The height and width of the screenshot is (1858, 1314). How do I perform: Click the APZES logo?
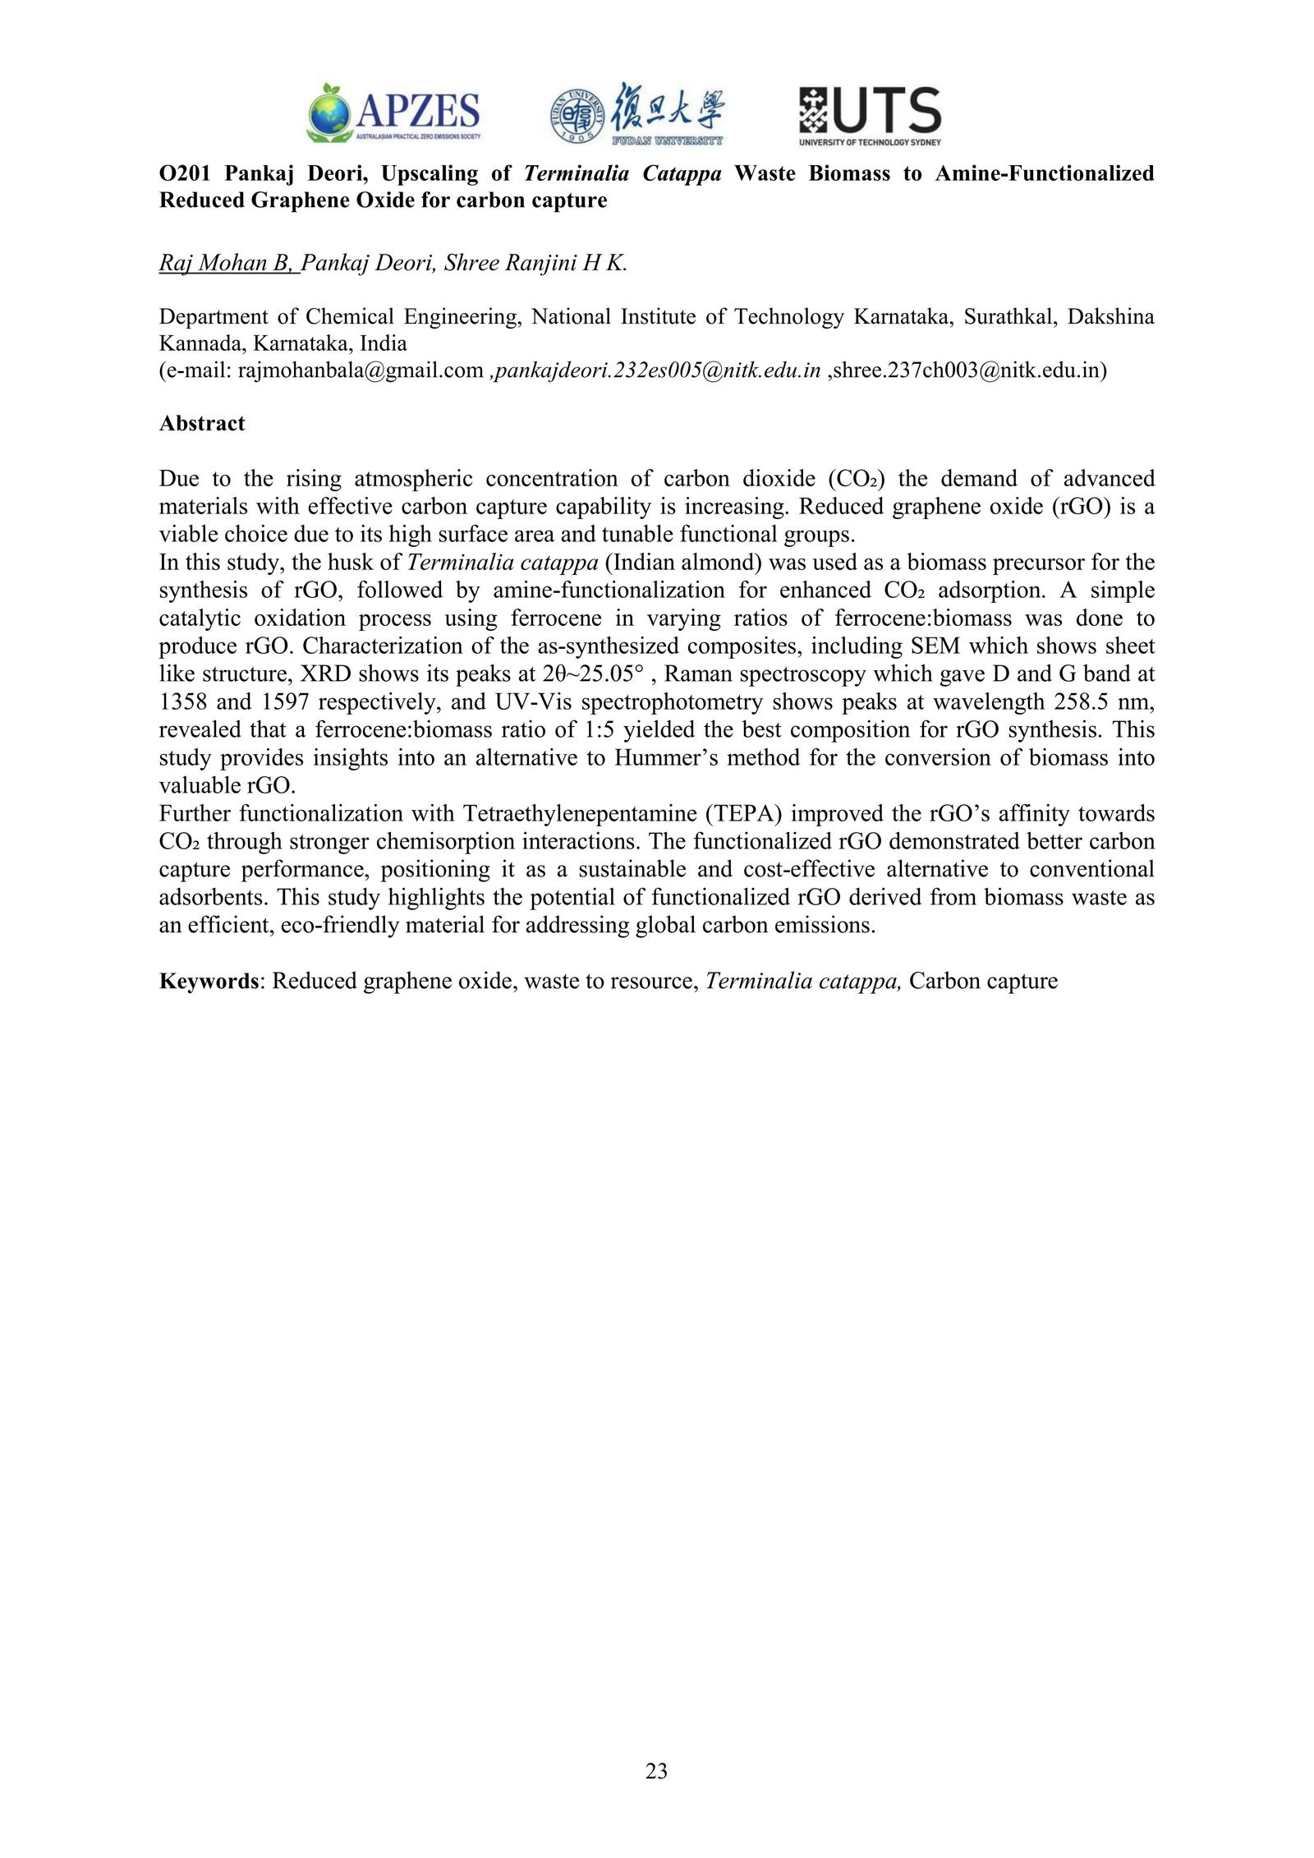click(x=393, y=113)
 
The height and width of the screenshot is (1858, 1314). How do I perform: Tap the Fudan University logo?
click(x=636, y=113)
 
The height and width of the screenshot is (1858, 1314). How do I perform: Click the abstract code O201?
click(x=185, y=173)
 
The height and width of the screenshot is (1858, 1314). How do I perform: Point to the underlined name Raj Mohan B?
click(x=227, y=264)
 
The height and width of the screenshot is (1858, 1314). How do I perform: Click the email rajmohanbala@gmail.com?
click(x=360, y=370)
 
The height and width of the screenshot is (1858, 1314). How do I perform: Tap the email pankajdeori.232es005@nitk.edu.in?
click(x=655, y=370)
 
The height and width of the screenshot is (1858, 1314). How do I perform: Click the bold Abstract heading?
click(x=202, y=424)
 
